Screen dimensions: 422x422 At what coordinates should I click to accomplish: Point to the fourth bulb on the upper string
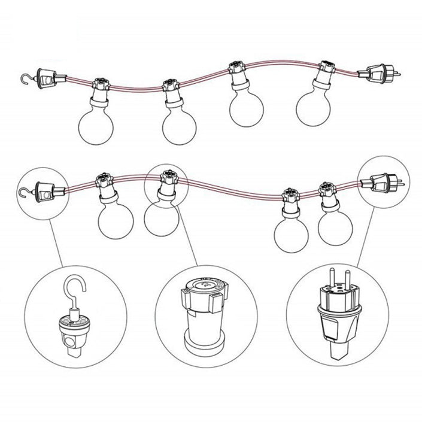point(314,107)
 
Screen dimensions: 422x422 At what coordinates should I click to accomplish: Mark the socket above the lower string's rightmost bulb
point(327,191)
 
